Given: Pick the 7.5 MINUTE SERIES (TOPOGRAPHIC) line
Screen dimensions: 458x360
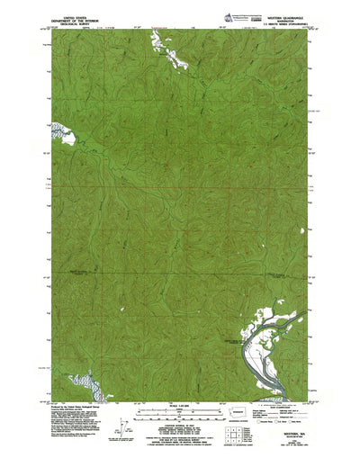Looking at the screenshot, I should tap(270, 24).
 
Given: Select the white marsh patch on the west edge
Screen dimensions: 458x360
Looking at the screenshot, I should tap(65, 137).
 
